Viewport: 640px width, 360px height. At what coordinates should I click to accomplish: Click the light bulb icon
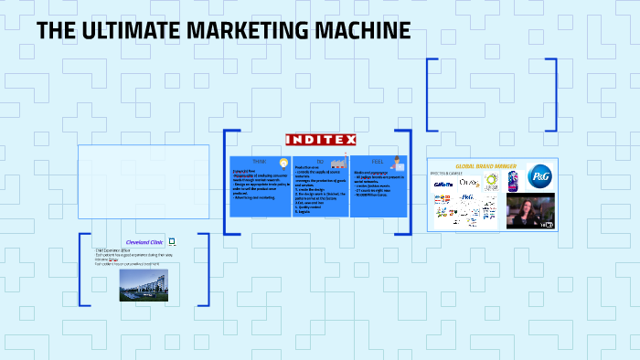(271, 162)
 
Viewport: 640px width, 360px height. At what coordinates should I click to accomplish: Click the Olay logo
(469, 183)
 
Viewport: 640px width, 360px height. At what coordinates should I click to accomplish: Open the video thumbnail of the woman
(530, 209)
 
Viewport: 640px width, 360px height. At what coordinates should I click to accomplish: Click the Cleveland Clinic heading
(144, 242)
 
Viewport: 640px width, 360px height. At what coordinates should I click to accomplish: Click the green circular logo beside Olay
(493, 183)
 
